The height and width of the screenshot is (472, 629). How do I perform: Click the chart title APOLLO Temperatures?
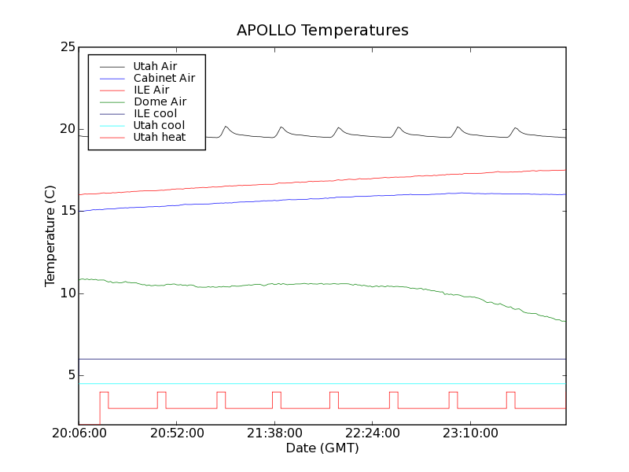tap(322, 31)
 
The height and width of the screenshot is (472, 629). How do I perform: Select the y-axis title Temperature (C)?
tap(50, 236)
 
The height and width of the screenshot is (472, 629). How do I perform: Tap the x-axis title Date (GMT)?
tap(322, 448)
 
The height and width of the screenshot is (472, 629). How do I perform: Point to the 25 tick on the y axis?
tap(67, 47)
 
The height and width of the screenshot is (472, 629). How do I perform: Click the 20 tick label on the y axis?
tap(67, 129)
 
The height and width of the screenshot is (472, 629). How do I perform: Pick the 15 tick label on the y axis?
tap(67, 211)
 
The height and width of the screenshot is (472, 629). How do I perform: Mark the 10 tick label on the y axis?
tap(67, 293)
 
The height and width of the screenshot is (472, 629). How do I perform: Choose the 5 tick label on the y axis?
tap(70, 375)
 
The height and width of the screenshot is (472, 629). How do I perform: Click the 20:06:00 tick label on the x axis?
tap(79, 433)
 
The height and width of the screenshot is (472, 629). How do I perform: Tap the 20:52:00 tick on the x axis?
tap(177, 433)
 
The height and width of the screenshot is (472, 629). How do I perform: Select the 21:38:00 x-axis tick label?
tap(274, 433)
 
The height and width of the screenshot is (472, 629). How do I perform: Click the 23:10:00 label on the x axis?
tap(470, 433)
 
